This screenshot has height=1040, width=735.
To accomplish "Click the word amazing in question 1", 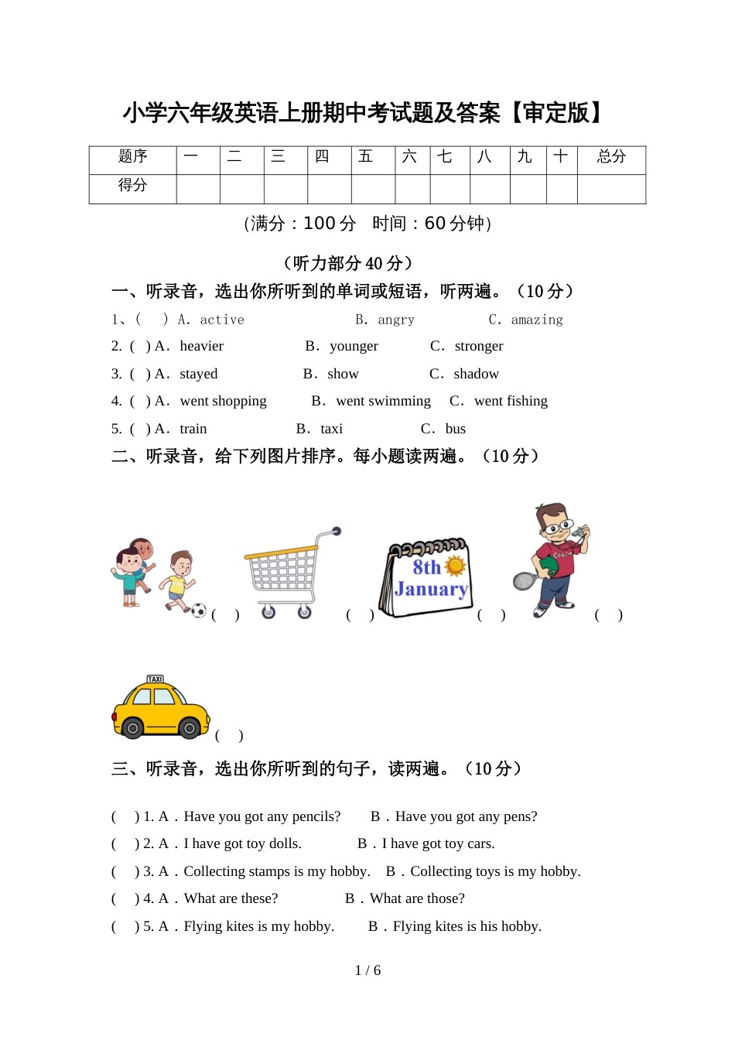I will tap(537, 320).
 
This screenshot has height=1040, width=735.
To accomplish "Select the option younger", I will tap(354, 346).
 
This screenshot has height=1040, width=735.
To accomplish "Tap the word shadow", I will tap(476, 374).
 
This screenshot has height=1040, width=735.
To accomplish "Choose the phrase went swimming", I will tap(383, 401).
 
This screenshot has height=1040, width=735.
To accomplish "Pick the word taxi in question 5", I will tap(331, 429).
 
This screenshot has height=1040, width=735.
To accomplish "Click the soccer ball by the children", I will tap(199, 610).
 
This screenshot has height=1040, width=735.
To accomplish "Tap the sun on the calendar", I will tap(456, 566).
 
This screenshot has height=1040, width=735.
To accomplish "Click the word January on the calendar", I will tap(431, 589).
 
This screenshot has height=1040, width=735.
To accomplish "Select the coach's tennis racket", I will tap(525, 580).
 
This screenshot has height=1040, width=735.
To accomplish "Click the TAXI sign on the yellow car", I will tap(156, 679).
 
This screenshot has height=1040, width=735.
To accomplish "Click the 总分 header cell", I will tap(611, 157).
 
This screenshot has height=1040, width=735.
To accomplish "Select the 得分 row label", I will tap(132, 186).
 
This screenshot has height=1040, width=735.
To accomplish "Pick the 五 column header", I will tap(366, 157).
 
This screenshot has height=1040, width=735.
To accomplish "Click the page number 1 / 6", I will tap(367, 970).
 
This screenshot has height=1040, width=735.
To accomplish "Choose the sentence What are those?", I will tap(417, 898).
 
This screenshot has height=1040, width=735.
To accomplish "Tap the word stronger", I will tap(479, 346).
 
